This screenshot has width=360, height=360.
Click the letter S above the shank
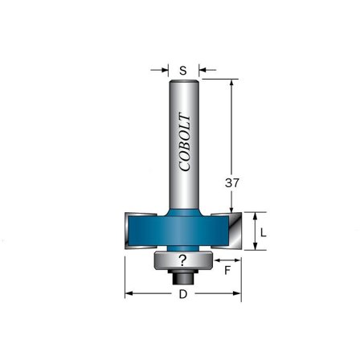point(182,71)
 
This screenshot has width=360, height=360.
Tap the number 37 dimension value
point(232,182)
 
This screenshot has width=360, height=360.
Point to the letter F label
point(227,272)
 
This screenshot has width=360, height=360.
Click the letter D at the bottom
point(182,294)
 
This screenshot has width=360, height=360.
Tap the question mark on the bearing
point(182,260)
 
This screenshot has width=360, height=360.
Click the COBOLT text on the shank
point(183,141)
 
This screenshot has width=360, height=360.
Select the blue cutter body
point(182,229)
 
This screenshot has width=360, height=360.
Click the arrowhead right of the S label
point(202,71)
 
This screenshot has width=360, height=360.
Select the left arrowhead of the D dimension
point(129,294)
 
